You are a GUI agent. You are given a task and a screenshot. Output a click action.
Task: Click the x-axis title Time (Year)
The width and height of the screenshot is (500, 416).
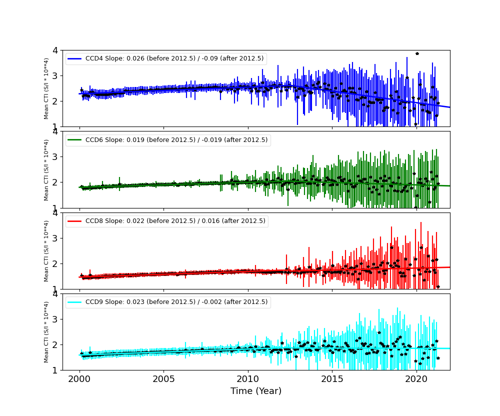(x=256, y=391)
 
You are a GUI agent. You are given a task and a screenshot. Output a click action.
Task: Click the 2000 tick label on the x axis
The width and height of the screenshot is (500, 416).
(x=79, y=377)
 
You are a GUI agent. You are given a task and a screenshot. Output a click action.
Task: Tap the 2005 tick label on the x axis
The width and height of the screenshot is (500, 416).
(x=164, y=377)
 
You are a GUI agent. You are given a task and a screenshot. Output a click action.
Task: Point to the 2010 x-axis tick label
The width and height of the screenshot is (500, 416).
(x=248, y=377)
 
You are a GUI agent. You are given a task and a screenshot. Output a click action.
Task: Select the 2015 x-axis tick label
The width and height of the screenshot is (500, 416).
(x=332, y=377)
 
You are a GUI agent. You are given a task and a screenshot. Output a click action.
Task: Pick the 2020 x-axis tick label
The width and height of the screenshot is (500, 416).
(x=416, y=377)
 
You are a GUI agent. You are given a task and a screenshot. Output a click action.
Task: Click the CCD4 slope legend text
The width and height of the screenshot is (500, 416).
(x=174, y=58)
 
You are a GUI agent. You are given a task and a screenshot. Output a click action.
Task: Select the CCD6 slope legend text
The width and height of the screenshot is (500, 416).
(x=176, y=140)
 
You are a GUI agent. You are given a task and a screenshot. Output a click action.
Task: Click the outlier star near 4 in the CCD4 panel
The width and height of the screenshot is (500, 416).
(x=417, y=53)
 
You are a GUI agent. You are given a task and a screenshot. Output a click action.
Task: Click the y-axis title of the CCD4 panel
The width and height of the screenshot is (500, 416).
(x=46, y=88)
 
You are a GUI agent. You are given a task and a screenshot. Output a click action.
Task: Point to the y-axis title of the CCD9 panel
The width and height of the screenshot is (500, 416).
(x=46, y=331)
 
